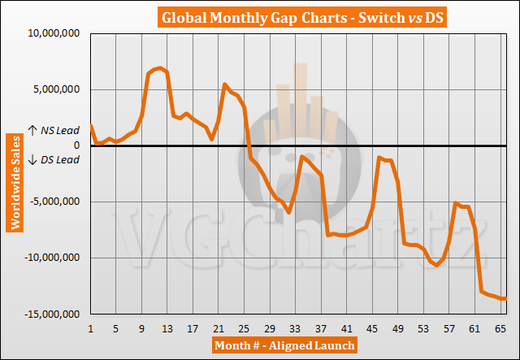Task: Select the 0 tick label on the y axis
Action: click(x=79, y=146)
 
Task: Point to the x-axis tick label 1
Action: click(x=90, y=329)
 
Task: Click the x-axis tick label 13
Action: click(x=167, y=329)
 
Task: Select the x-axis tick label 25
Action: click(x=244, y=329)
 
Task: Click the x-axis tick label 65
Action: click(x=500, y=329)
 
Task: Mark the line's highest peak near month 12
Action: click(x=161, y=67)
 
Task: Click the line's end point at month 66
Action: click(x=506, y=299)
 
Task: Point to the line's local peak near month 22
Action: click(x=225, y=84)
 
